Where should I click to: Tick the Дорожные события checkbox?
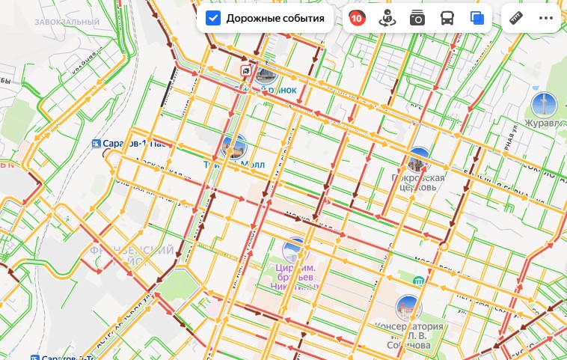tap(213, 19)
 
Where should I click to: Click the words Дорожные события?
tap(275, 19)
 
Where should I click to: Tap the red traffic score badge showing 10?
tap(358, 19)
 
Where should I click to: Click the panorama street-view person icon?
tap(387, 19)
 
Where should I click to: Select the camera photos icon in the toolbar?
tap(417, 19)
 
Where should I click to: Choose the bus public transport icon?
tap(447, 19)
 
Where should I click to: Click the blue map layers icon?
tap(476, 19)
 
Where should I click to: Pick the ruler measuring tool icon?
tap(516, 19)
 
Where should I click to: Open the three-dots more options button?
tap(546, 19)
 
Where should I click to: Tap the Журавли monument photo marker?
tap(544, 104)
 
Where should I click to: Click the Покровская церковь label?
tap(418, 183)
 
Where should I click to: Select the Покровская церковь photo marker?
tap(418, 159)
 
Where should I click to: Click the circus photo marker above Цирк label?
tap(295, 250)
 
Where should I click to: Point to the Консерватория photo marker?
tap(408, 307)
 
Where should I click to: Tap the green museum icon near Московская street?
tap(419, 281)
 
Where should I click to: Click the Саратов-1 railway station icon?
tap(95, 144)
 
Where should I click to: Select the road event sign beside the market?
tap(245, 70)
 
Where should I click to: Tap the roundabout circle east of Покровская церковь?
tap(444, 245)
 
